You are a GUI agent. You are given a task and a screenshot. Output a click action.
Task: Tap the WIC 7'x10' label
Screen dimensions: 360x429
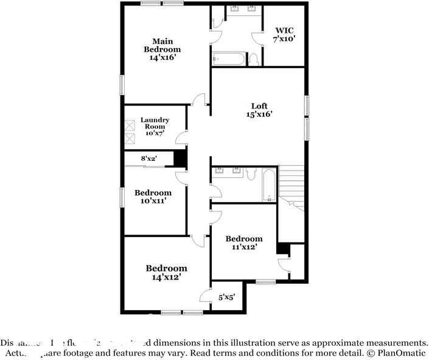[285, 34]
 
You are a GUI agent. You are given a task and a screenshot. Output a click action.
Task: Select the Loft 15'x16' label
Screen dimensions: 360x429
[259, 110]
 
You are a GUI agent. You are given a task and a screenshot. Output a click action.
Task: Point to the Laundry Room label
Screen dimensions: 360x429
[155, 127]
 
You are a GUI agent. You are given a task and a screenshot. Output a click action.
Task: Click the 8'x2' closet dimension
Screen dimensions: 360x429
[149, 159]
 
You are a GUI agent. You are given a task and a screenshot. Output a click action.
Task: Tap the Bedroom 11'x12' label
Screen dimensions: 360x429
[243, 242]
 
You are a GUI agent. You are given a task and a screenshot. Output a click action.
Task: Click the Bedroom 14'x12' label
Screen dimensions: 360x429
[166, 272]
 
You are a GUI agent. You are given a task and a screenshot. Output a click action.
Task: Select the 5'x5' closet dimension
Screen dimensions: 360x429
[226, 298]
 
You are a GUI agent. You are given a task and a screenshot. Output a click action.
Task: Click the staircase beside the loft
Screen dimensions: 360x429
[291, 186]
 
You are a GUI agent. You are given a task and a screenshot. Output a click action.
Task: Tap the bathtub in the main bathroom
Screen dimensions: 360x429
[229, 59]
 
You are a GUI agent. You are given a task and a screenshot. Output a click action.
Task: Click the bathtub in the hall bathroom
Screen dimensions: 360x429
[268, 186]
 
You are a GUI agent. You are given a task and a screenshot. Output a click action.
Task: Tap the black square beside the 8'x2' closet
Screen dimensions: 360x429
[180, 158]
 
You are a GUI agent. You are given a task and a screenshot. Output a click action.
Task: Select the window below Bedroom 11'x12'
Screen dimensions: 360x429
[265, 281]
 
